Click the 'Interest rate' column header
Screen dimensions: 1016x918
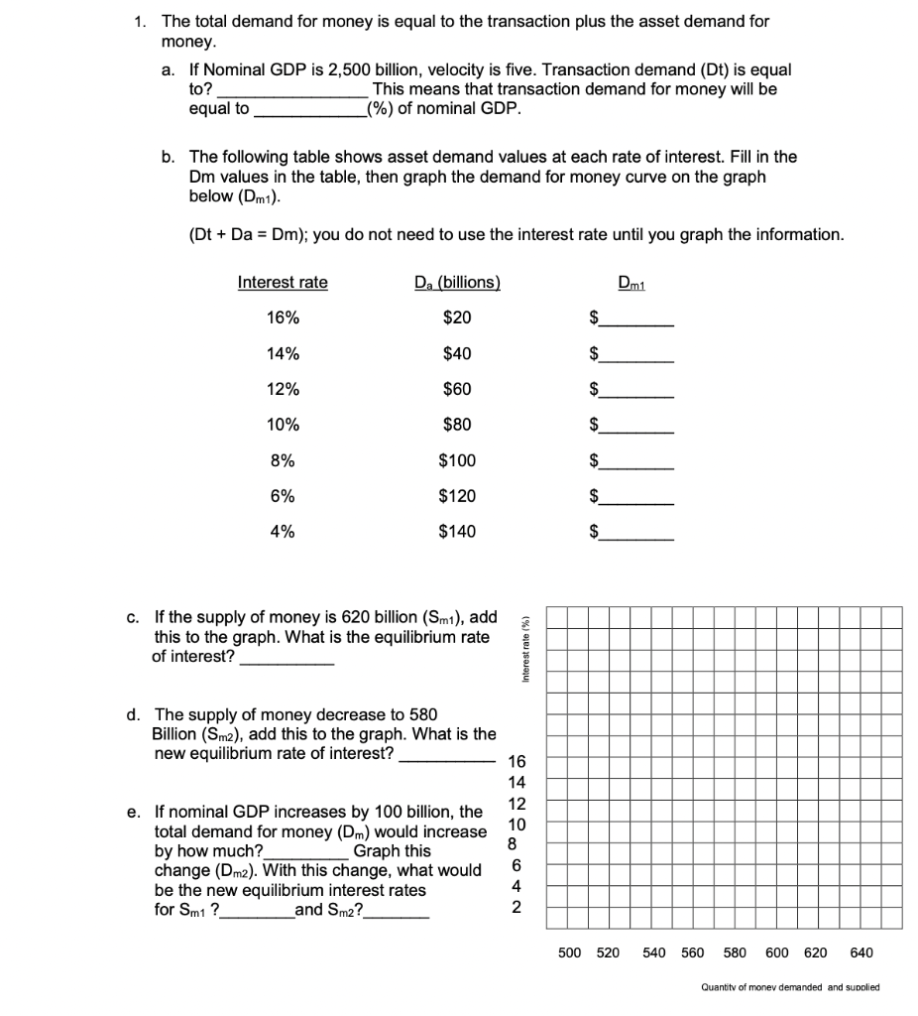coord(283,283)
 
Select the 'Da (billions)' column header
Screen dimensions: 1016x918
coord(456,283)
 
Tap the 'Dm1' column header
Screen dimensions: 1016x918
coord(631,283)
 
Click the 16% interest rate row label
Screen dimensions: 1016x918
coord(283,317)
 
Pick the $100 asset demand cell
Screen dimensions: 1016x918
coord(456,460)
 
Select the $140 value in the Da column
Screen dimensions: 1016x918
coord(456,532)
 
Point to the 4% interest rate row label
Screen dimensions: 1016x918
coord(283,532)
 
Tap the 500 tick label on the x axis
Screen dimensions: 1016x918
coord(570,952)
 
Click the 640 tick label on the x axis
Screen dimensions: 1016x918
coord(861,952)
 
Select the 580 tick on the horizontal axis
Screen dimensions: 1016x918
coord(735,952)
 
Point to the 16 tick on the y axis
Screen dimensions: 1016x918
coord(516,763)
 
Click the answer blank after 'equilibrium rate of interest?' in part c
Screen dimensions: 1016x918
coord(287,658)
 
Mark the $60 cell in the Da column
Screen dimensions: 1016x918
coord(456,389)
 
